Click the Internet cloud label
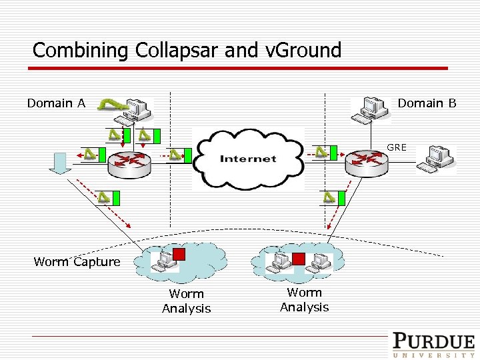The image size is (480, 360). (248, 159)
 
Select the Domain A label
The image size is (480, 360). (56, 103)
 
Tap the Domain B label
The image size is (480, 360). (427, 103)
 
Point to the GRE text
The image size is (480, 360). (396, 147)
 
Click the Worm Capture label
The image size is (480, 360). (77, 262)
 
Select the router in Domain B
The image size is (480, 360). (366, 161)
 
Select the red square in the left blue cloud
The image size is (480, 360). (180, 253)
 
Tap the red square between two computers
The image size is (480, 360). (299, 258)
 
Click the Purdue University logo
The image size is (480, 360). (433, 345)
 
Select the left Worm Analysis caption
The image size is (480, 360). (186, 301)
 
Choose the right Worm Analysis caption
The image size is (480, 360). (304, 299)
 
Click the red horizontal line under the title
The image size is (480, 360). (240, 68)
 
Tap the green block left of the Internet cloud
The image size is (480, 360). (187, 155)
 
